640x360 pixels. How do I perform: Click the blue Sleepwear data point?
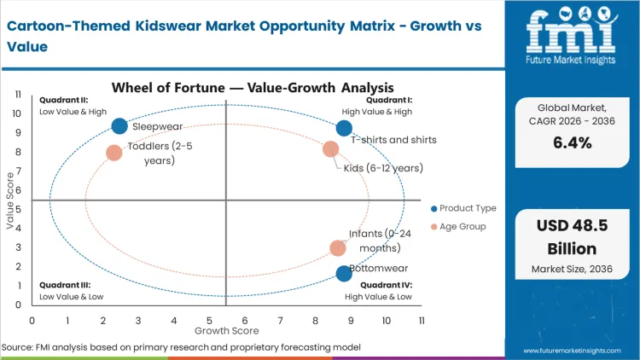[x=119, y=126]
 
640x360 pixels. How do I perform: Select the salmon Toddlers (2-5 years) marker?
[x=114, y=153]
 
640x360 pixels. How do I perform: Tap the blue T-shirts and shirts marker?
[x=344, y=128]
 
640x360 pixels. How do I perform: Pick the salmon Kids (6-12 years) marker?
[x=331, y=149]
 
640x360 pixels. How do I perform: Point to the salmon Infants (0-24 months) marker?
[x=338, y=248]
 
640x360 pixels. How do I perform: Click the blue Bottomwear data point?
[x=344, y=273]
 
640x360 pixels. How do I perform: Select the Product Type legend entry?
[x=464, y=208]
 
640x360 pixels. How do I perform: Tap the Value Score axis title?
[x=10, y=200]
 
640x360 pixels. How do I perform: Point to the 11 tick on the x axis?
[x=422, y=320]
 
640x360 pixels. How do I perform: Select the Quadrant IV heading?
[x=387, y=285]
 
